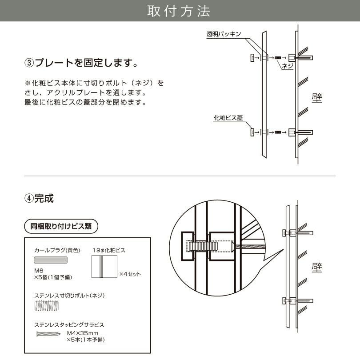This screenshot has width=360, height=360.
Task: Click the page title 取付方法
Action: pyautogui.click(x=180, y=11)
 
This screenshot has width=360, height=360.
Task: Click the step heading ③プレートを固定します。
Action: pyautogui.click(x=80, y=63)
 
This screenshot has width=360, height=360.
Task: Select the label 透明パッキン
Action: pyautogui.click(x=224, y=34)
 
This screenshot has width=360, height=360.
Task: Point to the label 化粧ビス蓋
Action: pyautogui.click(x=228, y=118)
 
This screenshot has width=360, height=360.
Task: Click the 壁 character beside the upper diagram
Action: pyautogui.click(x=316, y=97)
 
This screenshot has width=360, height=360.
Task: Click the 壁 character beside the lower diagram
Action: pyautogui.click(x=316, y=268)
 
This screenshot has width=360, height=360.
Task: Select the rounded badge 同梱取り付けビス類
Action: pyautogui.click(x=61, y=226)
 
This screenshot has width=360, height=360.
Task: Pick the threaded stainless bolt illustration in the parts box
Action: pyautogui.click(x=46, y=306)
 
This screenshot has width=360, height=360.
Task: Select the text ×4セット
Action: pyautogui.click(x=130, y=274)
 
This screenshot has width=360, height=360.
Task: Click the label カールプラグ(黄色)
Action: pyautogui.click(x=56, y=250)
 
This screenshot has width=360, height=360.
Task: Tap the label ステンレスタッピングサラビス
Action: pyautogui.click(x=69, y=325)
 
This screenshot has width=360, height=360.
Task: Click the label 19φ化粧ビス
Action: pyautogui.click(x=109, y=250)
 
